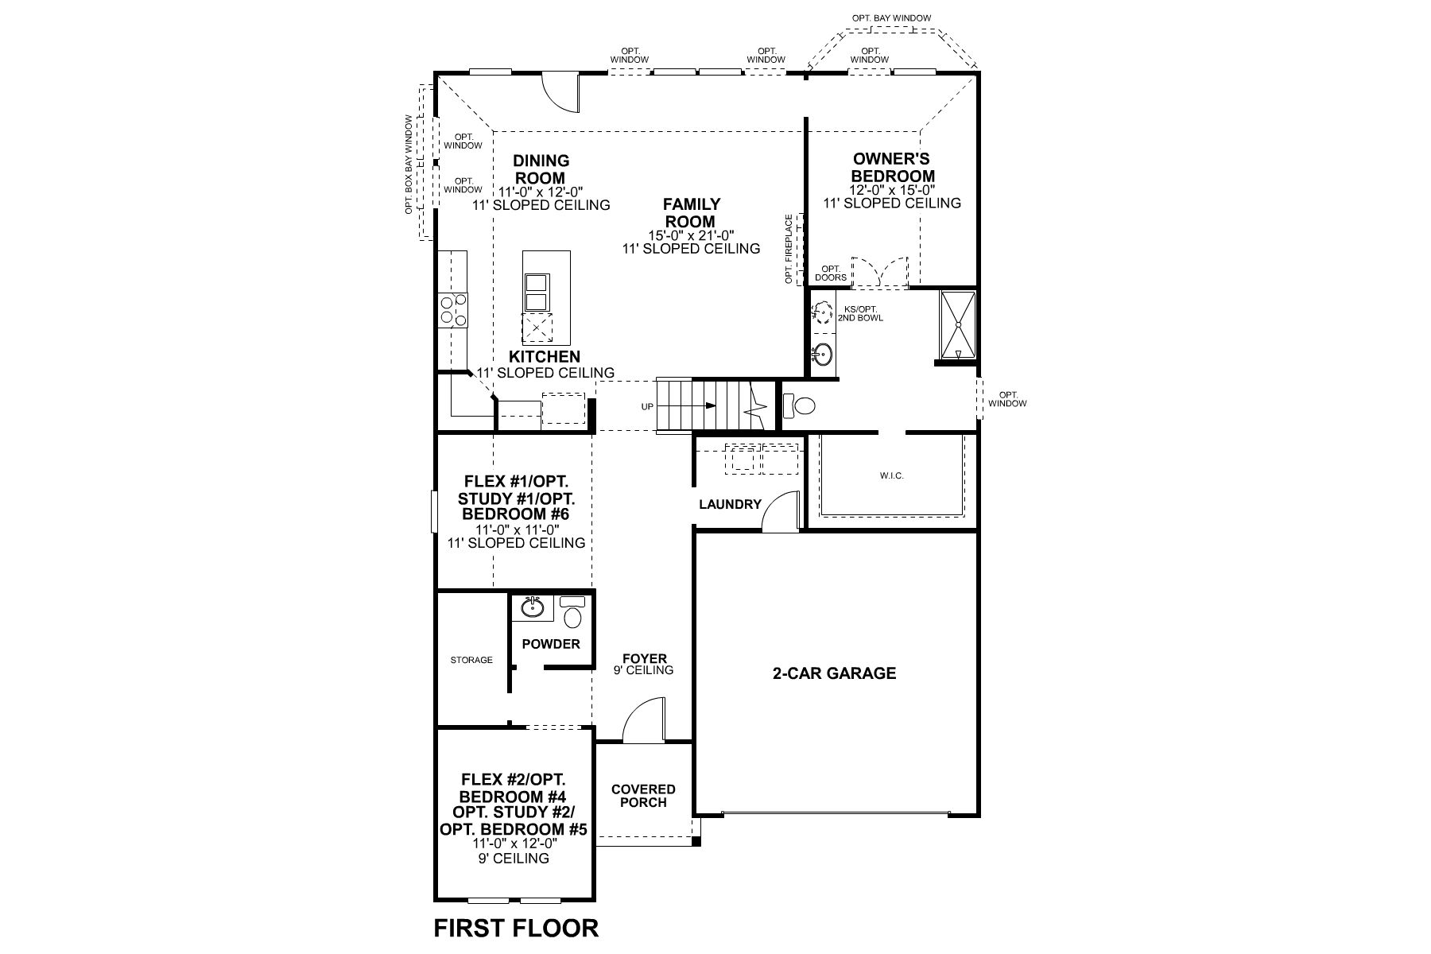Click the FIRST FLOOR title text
[x=516, y=927]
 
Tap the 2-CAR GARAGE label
[x=834, y=673]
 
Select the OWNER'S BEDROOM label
[x=891, y=168]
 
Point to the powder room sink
[x=533, y=609]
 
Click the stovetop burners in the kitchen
[x=453, y=310]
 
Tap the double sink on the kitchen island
[x=536, y=293]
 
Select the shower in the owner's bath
[x=957, y=326]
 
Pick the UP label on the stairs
[x=647, y=407]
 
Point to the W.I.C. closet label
[x=892, y=475]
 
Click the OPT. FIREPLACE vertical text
[x=789, y=249]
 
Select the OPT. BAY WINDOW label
[x=891, y=18]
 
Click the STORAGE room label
[x=471, y=660]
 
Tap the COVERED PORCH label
[x=643, y=796]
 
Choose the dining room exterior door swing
[x=565, y=91]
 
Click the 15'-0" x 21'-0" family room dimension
[x=691, y=235]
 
